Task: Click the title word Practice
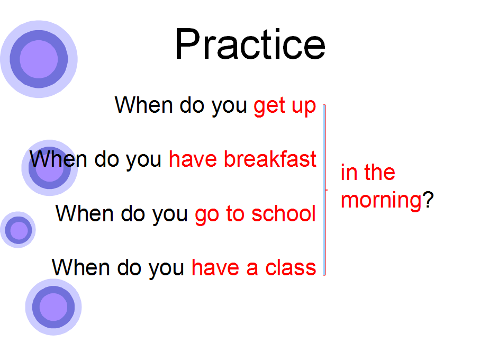pos(250,44)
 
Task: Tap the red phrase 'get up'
pos(285,106)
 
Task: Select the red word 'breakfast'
pos(270,159)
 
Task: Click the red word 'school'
pos(283,213)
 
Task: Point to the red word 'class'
pos(291,267)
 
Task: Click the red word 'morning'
pos(382,201)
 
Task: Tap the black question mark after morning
pos(428,199)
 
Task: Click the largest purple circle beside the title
pos(39,59)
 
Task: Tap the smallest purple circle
pos(18,230)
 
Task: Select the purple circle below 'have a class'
pos(53,307)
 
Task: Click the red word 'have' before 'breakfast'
pos(193,159)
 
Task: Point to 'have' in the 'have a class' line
pos(215,267)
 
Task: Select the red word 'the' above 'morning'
pos(379,172)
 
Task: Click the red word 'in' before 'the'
pos(349,173)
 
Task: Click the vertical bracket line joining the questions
pos(325,190)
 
